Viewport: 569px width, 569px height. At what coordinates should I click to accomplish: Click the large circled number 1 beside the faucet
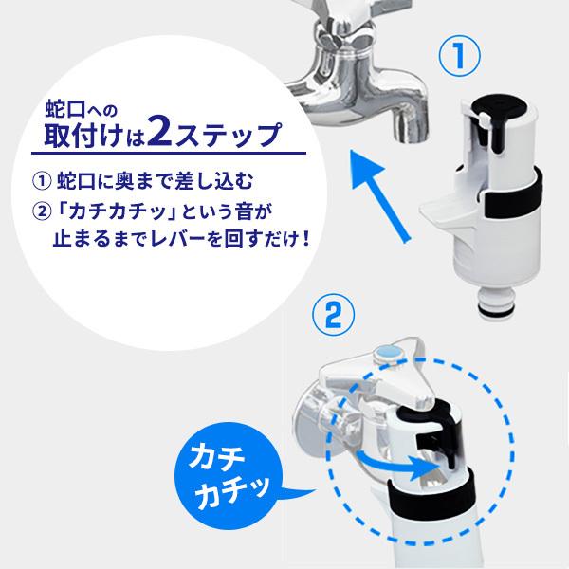point(459,56)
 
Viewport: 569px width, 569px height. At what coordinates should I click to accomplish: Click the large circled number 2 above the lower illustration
point(333,315)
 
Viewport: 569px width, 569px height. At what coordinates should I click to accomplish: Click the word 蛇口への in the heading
point(82,110)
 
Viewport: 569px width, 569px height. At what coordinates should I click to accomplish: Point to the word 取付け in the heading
point(84,135)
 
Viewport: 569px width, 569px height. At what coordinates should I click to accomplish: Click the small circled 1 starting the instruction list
point(42,181)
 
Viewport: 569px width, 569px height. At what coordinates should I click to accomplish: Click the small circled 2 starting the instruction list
point(42,211)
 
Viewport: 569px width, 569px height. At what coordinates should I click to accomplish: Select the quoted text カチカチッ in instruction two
point(118,211)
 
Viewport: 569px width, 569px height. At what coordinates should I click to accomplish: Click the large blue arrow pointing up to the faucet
point(379,196)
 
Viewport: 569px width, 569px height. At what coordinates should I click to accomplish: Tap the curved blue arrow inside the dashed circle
point(393,463)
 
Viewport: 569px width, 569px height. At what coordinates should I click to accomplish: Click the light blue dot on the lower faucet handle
point(389,353)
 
